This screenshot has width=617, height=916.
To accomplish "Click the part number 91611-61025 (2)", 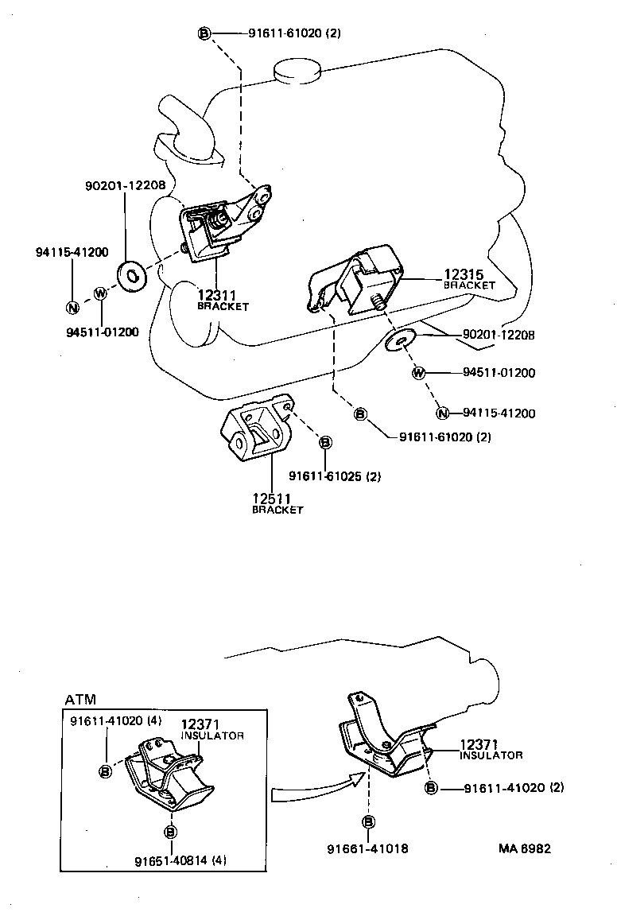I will pyautogui.click(x=335, y=476).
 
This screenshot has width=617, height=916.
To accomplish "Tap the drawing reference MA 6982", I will pyautogui.click(x=524, y=848).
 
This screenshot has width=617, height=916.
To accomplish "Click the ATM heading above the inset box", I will pyautogui.click(x=80, y=700).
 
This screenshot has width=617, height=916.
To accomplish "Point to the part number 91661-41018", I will pyautogui.click(x=367, y=848).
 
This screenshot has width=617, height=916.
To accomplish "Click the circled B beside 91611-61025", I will pyautogui.click(x=325, y=442).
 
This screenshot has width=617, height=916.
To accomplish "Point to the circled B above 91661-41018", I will pyautogui.click(x=368, y=822).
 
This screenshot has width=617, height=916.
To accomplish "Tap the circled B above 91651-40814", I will pyautogui.click(x=169, y=833).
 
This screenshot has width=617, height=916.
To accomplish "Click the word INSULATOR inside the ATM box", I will pyautogui.click(x=212, y=736).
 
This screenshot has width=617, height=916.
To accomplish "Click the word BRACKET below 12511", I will pyautogui.click(x=277, y=510).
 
